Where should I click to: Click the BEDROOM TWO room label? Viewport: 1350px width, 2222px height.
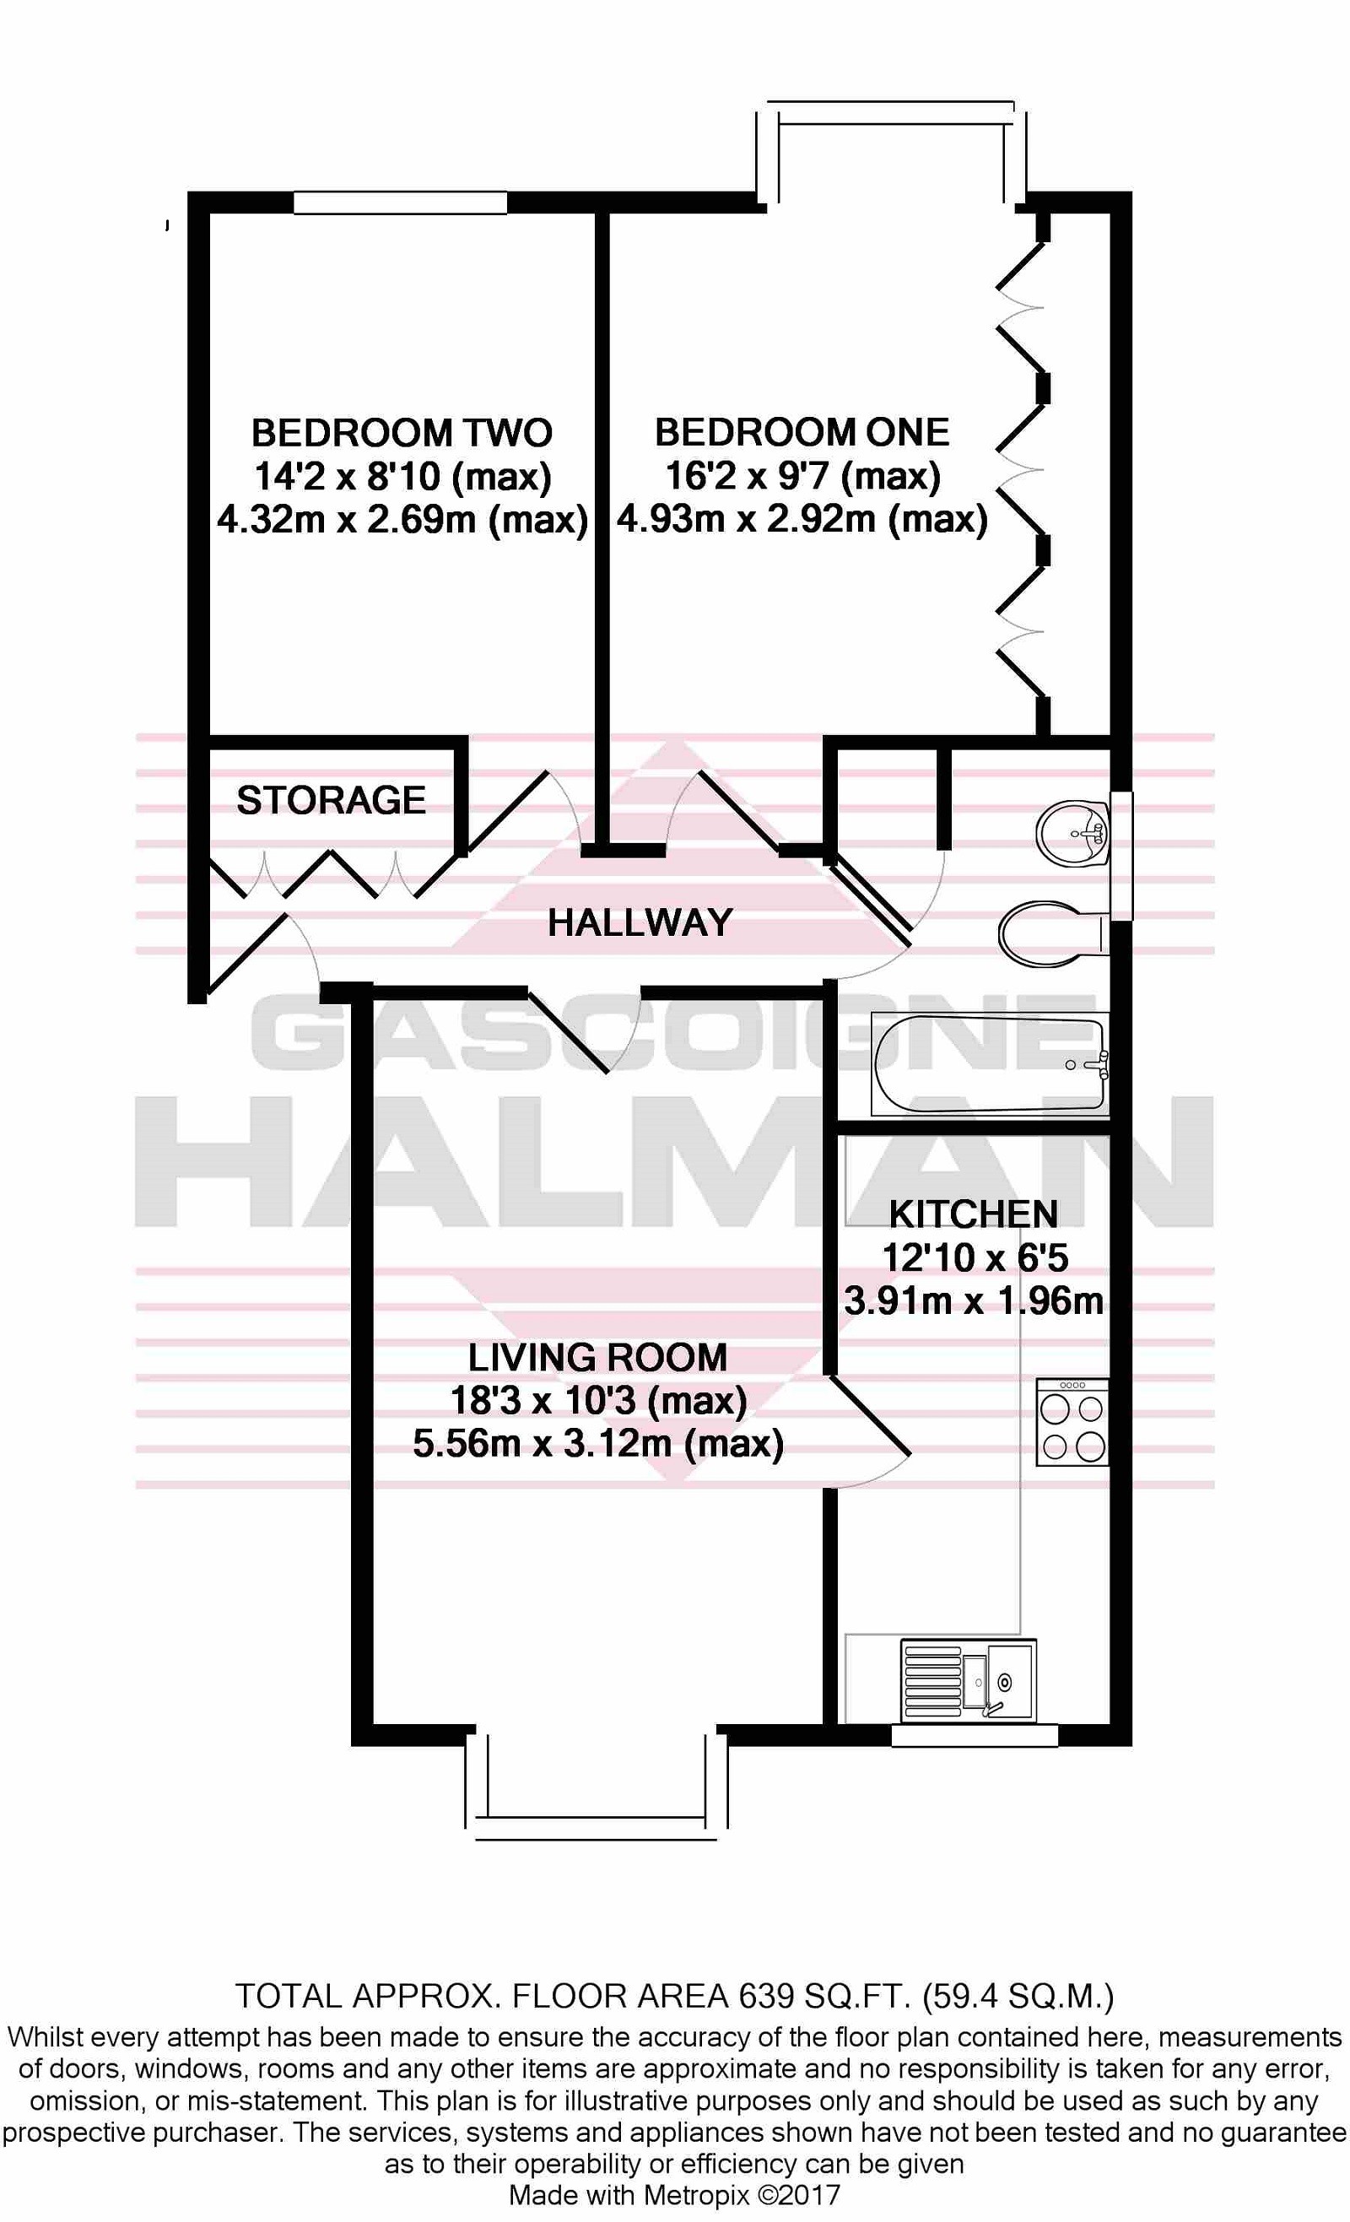[x=402, y=433]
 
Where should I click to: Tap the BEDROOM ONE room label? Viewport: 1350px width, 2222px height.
[x=802, y=432]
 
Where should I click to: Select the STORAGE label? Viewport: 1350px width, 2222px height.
[x=331, y=800]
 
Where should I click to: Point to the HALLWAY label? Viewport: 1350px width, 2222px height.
[x=640, y=922]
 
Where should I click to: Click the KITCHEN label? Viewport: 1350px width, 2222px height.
[x=973, y=1214]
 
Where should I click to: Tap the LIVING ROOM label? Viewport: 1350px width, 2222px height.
[x=597, y=1357]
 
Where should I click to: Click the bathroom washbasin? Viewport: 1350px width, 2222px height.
[x=1072, y=833]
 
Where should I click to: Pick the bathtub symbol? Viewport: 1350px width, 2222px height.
[x=989, y=1065]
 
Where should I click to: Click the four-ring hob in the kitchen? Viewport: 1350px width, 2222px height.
[x=1072, y=1422]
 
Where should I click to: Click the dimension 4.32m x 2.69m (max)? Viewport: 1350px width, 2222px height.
[x=402, y=520]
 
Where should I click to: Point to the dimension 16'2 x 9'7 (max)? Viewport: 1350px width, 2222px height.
[x=802, y=476]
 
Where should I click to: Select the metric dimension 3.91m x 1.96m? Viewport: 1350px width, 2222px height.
[x=974, y=1301]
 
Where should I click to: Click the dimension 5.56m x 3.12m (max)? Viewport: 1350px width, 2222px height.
[x=598, y=1444]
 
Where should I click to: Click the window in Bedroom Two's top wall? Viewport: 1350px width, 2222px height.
[x=401, y=203]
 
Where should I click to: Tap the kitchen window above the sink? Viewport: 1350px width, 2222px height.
[x=974, y=1736]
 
